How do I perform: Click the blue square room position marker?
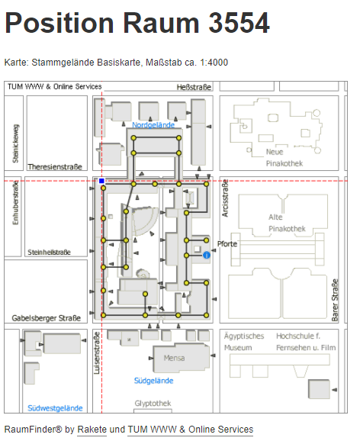101,181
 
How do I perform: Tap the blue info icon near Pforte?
207,255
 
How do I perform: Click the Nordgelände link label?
153,125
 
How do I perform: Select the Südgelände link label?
153,381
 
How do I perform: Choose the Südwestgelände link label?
55,408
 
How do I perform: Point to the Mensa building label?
175,358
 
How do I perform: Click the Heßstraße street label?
194,87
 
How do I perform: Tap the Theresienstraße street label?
55,167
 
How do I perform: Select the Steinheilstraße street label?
49,252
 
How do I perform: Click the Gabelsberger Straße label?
46,318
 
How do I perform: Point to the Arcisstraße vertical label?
225,198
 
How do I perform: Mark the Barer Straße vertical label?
335,300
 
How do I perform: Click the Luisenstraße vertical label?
97,353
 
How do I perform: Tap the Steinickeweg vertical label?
15,143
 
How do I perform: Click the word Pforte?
227,244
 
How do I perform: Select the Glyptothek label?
153,404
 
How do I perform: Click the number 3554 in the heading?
239,23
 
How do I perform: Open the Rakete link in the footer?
92,430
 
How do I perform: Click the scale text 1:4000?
214,63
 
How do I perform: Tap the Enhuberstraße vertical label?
15,202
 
